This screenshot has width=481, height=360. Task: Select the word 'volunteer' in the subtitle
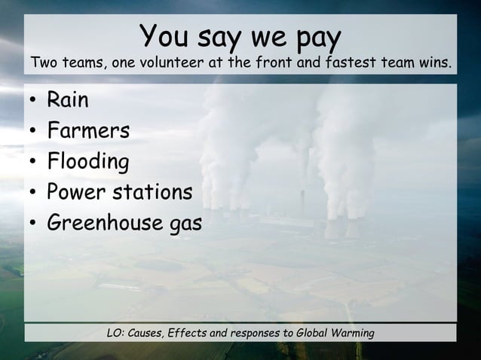point(171,63)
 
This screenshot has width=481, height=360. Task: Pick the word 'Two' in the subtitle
point(43,63)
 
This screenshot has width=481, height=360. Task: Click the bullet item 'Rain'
point(68,100)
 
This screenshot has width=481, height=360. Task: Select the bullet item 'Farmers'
point(88,131)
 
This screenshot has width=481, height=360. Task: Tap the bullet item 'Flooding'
point(87,162)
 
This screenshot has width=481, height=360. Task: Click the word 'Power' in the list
point(78,193)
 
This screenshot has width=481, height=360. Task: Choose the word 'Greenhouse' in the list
point(103,224)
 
